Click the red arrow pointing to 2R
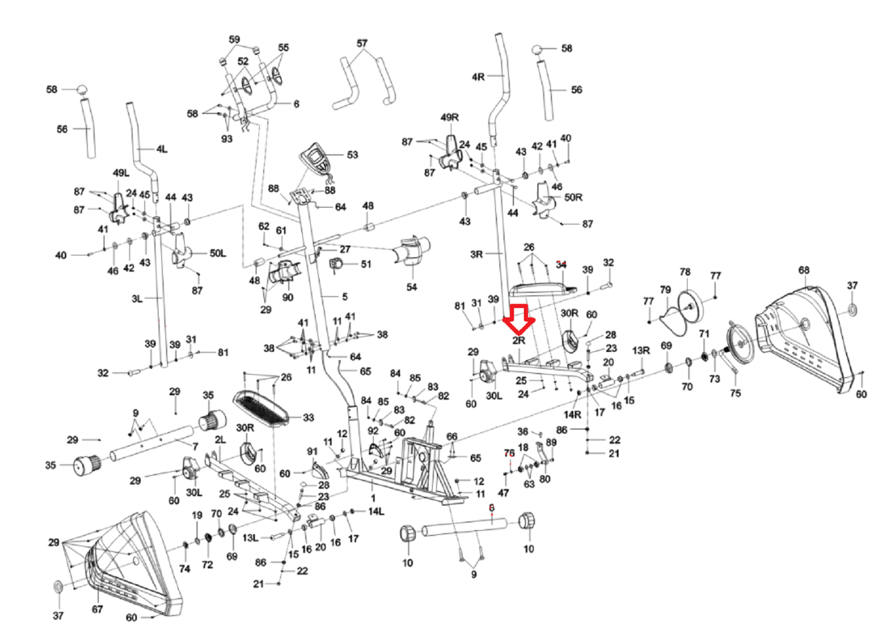coord(519,320)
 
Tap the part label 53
coord(353,155)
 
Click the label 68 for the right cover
coord(804,270)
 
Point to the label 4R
coord(478,77)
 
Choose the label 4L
coord(161,149)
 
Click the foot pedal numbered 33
coord(261,409)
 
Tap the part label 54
coord(411,287)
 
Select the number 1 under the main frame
coord(373,498)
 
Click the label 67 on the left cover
coord(97,609)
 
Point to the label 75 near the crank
coord(735,393)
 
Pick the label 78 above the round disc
coord(685,272)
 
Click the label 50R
coord(573,197)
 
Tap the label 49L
coord(120,173)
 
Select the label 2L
coord(220,440)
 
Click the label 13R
coord(641,350)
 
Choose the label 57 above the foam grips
coord(362,43)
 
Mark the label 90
coord(288,298)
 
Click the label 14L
coord(376,511)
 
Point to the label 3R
coord(476,254)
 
